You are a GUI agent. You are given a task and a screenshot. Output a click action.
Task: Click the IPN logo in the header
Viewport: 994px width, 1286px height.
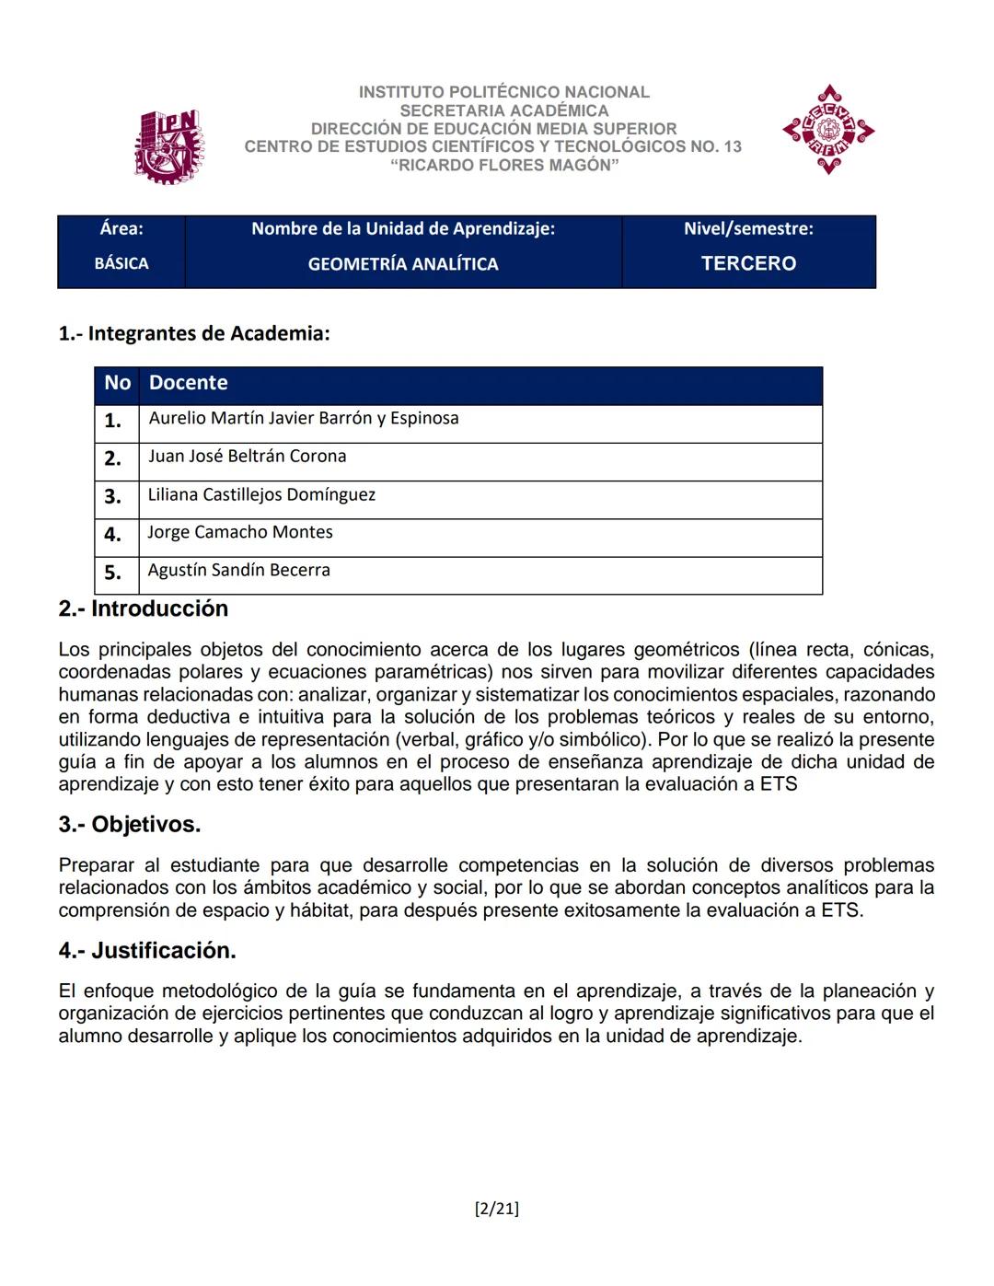pyautogui.click(x=168, y=146)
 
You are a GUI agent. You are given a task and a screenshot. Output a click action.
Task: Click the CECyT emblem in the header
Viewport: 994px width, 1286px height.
pyautogui.click(x=828, y=130)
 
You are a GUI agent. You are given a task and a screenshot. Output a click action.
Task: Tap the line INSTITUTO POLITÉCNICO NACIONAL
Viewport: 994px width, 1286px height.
pyautogui.click(x=503, y=92)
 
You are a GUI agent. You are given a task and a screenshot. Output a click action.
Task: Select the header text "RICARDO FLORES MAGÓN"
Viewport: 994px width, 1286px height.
pyautogui.click(x=503, y=165)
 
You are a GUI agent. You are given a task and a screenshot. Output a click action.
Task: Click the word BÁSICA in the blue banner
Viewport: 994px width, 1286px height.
pyautogui.click(x=121, y=263)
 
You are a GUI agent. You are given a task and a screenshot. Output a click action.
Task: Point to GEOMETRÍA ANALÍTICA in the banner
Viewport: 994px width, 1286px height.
pyautogui.click(x=403, y=264)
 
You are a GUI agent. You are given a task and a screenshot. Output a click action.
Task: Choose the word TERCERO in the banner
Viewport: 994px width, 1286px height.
pyautogui.click(x=748, y=263)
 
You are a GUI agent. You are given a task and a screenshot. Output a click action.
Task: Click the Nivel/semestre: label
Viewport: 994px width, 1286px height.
pyautogui.click(x=748, y=228)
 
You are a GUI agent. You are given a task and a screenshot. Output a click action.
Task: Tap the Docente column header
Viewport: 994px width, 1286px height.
pyautogui.click(x=188, y=383)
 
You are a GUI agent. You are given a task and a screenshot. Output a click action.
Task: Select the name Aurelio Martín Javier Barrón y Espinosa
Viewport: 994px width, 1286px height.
pyautogui.click(x=303, y=418)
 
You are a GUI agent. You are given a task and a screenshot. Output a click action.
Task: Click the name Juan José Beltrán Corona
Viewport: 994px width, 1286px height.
pyautogui.click(x=247, y=456)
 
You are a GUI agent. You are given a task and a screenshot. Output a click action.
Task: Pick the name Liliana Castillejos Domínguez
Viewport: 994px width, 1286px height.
pyautogui.click(x=261, y=494)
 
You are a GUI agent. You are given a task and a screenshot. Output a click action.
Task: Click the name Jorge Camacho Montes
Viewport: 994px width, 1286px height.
pyautogui.click(x=240, y=532)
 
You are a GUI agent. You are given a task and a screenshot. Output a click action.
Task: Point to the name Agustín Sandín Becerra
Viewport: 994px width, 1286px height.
pyautogui.click(x=238, y=570)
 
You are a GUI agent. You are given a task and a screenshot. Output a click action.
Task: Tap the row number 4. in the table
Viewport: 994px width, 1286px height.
pyautogui.click(x=112, y=534)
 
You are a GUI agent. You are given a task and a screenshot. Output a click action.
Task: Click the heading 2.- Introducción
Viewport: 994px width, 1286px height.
pyautogui.click(x=144, y=608)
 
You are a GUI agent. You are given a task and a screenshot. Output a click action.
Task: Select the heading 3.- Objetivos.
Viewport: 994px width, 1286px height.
pyautogui.click(x=130, y=824)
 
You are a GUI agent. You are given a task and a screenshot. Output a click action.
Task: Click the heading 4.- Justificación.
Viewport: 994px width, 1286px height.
pyautogui.click(x=147, y=950)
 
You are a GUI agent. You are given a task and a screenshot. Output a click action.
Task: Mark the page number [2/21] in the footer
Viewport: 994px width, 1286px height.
pyautogui.click(x=496, y=1209)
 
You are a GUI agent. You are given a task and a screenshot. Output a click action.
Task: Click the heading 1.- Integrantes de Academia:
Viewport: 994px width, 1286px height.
pyautogui.click(x=194, y=333)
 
